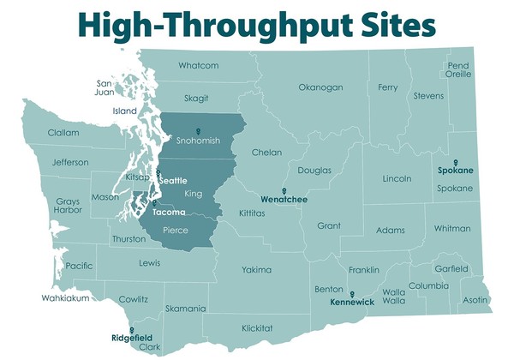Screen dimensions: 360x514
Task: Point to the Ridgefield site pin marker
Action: [x=131, y=330]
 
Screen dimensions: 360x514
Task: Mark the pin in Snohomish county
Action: [x=198, y=131]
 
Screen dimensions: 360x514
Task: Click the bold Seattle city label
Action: [x=173, y=181]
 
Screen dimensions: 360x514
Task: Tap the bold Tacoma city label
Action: [x=168, y=212]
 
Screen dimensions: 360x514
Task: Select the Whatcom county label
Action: [x=198, y=66]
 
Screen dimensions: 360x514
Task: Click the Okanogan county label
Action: [x=320, y=87]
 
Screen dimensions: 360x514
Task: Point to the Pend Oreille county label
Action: [x=458, y=70]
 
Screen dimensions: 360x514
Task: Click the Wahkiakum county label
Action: [x=64, y=299]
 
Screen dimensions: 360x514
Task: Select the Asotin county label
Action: [x=475, y=300]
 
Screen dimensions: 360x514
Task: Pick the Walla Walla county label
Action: [x=393, y=296]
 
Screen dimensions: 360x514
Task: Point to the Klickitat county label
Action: [x=257, y=328]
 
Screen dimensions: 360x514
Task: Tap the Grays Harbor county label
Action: [x=68, y=206]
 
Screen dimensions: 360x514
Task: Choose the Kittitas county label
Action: [x=251, y=210]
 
